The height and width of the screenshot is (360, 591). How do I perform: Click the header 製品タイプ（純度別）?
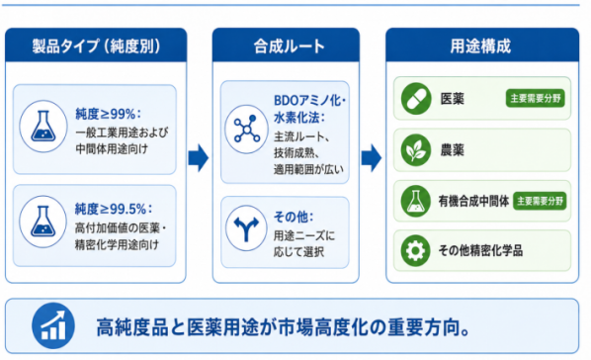tap(96, 46)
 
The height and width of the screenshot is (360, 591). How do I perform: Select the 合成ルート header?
tap(289, 46)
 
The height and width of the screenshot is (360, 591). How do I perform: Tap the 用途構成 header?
tap(480, 46)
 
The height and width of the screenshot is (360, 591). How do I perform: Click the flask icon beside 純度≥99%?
tap(42, 126)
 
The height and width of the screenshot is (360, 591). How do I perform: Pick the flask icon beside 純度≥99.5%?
tap(42, 222)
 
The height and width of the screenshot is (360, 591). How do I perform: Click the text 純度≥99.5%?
tap(114, 209)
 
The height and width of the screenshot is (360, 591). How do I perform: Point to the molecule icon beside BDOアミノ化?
tap(246, 129)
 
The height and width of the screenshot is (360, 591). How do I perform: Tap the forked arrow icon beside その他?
tap(246, 228)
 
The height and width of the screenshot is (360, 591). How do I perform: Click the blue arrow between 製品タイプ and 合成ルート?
tap(199, 157)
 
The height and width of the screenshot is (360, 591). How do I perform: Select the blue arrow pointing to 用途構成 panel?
tap(372, 157)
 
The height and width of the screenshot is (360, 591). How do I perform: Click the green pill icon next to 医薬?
tap(416, 99)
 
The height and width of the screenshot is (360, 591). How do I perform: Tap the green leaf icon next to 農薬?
tap(416, 150)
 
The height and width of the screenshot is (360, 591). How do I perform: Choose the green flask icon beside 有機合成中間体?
tap(416, 201)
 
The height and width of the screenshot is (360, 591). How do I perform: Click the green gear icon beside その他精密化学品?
tap(416, 250)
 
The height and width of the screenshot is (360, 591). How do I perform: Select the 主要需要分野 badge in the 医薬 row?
tap(536, 99)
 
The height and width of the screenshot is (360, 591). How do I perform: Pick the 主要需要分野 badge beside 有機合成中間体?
tap(540, 201)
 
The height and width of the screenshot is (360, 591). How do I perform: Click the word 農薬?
tap(452, 150)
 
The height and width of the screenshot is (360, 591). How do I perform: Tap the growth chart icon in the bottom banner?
tap(53, 325)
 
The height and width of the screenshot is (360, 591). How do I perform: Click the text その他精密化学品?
tap(480, 250)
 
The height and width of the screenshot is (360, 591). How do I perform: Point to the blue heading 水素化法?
tap(299, 118)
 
